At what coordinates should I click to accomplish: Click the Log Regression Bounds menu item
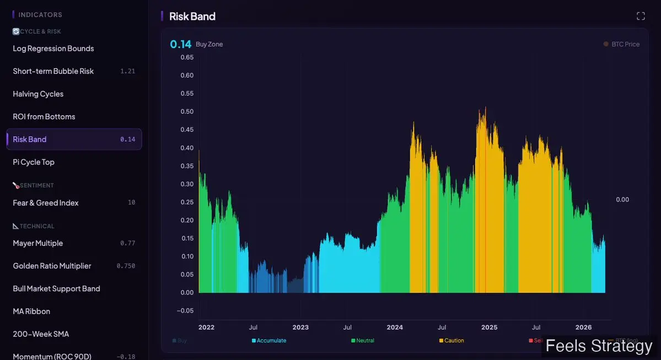53,49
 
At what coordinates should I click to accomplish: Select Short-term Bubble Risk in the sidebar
53,71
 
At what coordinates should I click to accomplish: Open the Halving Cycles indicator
38,94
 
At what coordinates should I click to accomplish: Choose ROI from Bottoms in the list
44,116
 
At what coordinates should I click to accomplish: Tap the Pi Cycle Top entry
34,162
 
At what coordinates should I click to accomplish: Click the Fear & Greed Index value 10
131,203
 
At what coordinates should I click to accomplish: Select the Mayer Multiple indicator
38,243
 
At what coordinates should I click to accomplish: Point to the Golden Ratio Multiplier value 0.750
126,266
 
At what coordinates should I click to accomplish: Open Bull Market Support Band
57,288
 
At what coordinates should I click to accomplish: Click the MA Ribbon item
31,311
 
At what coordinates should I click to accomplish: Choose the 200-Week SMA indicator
41,334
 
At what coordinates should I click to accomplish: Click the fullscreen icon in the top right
641,16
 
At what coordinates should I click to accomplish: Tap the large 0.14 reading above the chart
181,44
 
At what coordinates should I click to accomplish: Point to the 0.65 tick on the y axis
187,57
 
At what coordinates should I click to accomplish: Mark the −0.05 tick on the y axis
185,310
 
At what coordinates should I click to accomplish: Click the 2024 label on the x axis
395,327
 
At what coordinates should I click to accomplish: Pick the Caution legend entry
454,341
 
